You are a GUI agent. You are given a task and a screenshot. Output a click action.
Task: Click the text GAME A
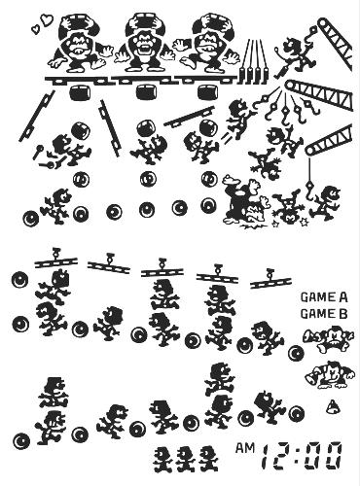coord(324,297)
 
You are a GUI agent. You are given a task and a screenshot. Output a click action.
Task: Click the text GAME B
coord(324,314)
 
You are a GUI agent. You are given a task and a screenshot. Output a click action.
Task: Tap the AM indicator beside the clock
coord(245,448)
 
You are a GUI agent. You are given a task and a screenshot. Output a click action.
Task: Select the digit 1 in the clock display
coord(268,457)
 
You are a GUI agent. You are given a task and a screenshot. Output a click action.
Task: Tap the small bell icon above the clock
coord(332,407)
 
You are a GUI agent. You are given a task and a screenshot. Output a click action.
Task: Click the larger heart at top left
coord(47,19)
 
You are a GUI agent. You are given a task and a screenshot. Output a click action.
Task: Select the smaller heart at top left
coord(35,29)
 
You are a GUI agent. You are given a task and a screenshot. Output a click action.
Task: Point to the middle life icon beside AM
coord(186,459)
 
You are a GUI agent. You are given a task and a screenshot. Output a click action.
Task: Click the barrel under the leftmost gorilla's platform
coord(80,92)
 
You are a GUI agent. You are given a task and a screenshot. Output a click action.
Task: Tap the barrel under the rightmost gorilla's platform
coord(208,92)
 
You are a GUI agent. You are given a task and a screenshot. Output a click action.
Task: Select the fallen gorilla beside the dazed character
coord(246,201)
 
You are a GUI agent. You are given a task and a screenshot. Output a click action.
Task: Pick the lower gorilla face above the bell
coord(330,375)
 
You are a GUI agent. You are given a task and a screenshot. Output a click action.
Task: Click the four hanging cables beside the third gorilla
coord(255,60)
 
